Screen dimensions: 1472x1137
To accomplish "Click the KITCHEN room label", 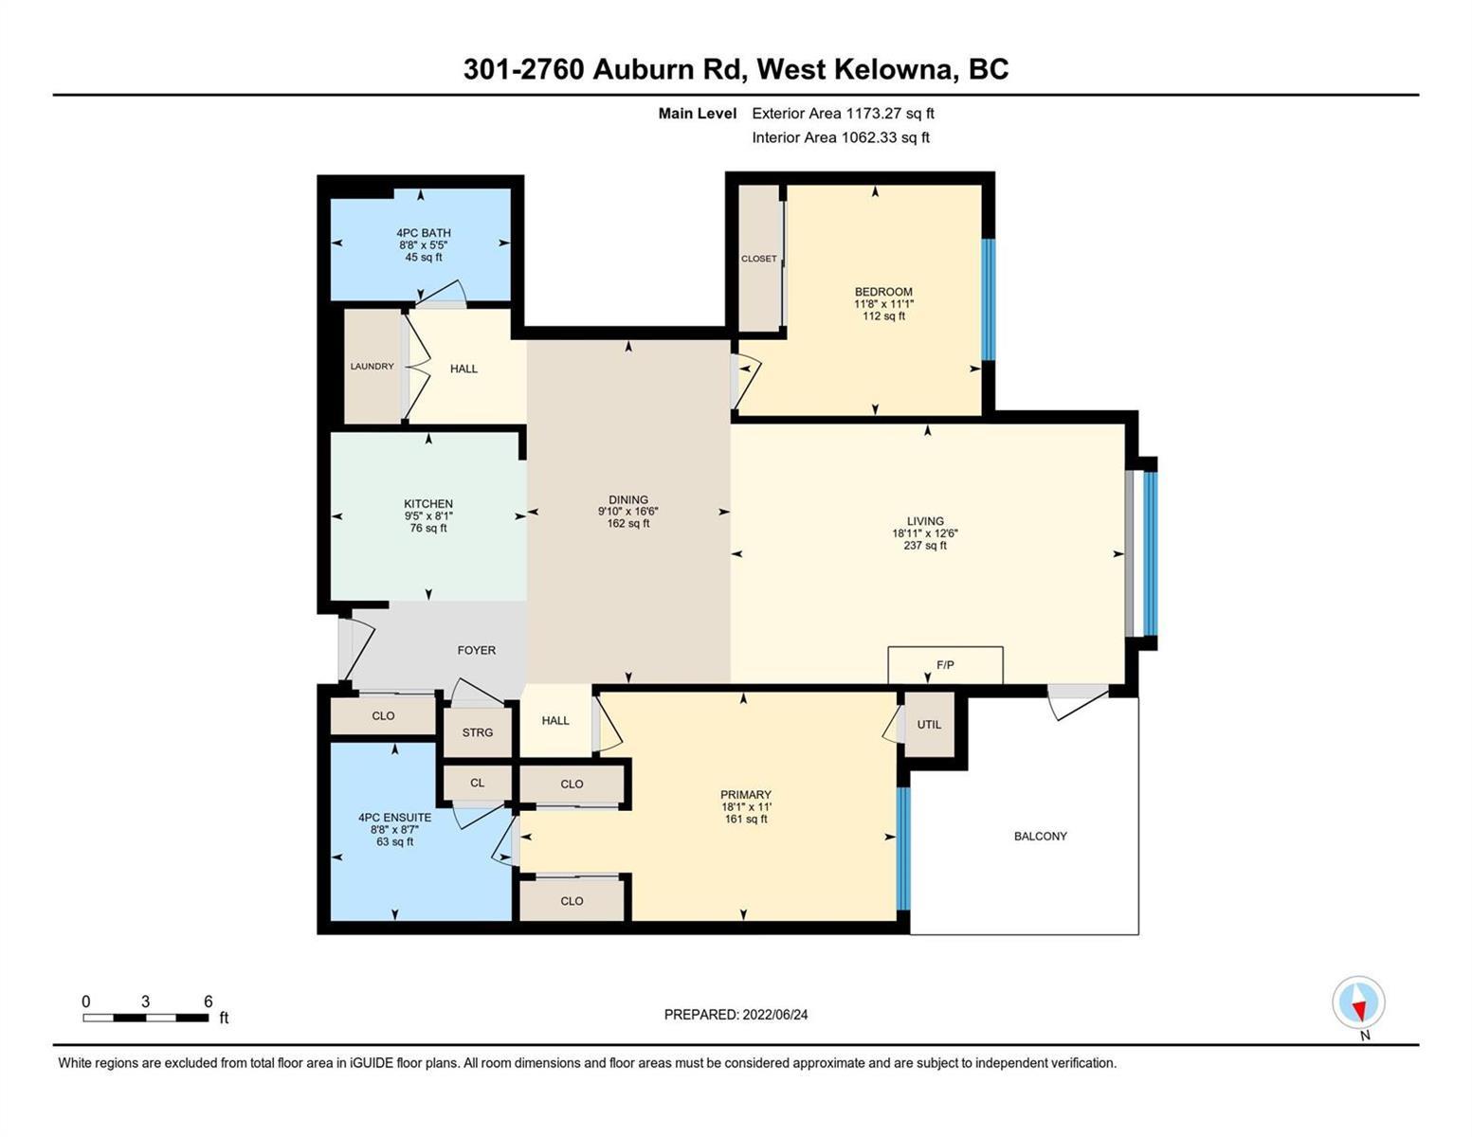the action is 428,504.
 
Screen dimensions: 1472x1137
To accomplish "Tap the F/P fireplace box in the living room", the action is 945,665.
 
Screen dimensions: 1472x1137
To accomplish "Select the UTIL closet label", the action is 929,725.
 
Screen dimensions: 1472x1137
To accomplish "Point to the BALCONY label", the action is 1041,837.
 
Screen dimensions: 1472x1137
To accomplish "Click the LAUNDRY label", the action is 372,367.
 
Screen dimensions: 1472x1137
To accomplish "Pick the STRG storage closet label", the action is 478,732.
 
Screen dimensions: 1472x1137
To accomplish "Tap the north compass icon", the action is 1358,1002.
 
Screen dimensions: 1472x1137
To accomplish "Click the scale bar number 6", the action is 208,1002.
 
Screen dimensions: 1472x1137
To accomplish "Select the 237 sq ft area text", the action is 925,546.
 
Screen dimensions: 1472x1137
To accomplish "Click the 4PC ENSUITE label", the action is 395,818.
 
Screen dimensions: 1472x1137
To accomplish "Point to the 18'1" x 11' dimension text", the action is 746,807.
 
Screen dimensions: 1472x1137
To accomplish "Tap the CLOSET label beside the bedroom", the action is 758,259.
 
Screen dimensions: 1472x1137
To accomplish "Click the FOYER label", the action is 476,650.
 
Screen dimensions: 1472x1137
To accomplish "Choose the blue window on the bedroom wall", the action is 989,299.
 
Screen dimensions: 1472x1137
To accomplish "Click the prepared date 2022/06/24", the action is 775,1015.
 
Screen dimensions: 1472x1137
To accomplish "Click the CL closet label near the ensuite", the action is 477,783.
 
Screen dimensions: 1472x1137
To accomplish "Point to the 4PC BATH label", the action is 424,233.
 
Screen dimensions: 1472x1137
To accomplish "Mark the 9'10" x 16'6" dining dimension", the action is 628,512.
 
